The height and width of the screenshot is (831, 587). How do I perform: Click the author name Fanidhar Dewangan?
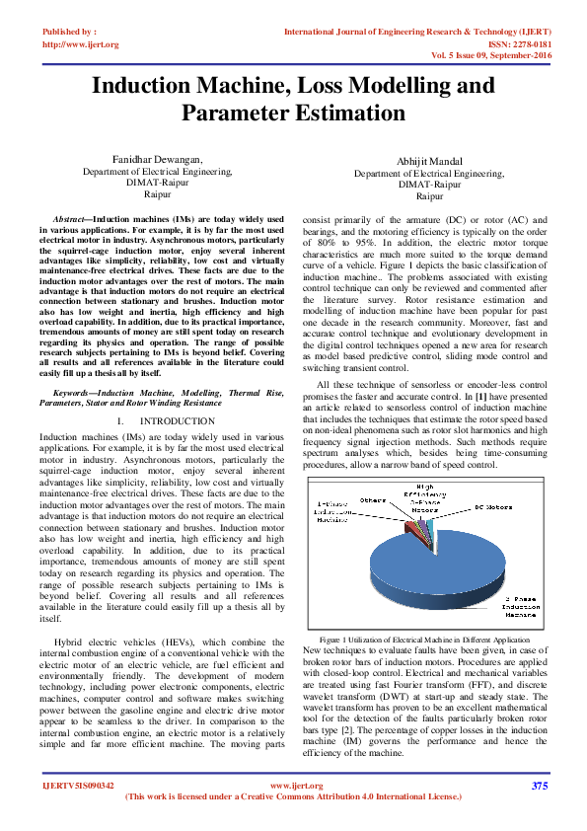click(158, 159)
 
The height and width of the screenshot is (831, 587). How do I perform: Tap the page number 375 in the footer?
click(539, 786)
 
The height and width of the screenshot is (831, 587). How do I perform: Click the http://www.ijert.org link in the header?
click(81, 44)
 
